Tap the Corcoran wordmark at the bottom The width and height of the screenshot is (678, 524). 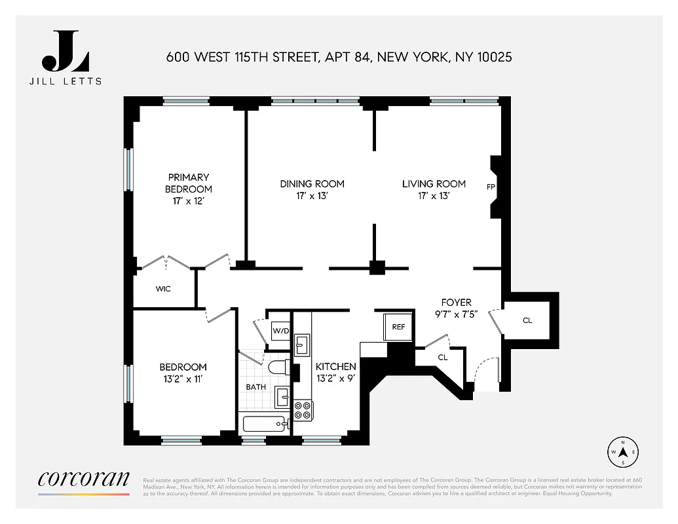pos(84,478)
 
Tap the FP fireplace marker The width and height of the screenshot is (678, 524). pos(490,187)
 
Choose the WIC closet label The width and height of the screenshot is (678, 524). pos(163,289)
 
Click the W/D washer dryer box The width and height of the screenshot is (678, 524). pos(280,330)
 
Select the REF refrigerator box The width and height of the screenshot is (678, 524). pos(398,326)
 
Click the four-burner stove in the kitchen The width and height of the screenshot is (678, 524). pos(303,410)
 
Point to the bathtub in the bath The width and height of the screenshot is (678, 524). pos(266,424)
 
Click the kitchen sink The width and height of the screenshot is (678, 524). pos(302,343)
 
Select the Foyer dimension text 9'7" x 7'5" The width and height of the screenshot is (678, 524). pos(457,313)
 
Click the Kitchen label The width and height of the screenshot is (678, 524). pos(336,367)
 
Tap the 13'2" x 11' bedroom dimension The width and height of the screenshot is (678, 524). pos(183,379)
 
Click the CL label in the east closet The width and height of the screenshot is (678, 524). pos(527,321)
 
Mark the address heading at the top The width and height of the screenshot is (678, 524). pos(339,58)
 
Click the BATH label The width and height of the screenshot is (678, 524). pos(255,386)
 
